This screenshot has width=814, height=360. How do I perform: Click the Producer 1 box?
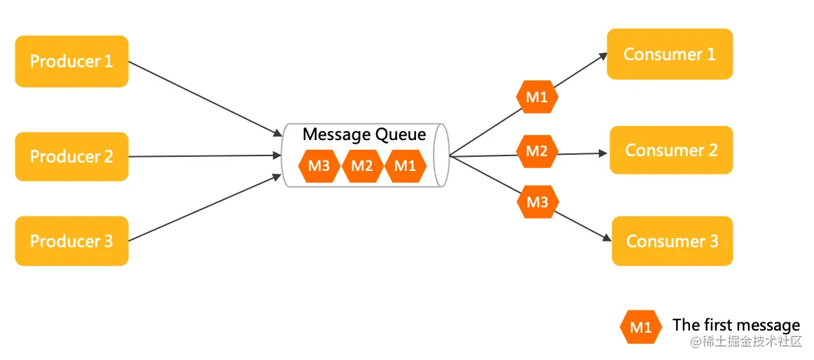(71, 61)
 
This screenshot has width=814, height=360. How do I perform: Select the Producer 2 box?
(71, 156)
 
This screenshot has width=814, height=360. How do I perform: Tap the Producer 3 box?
(71, 241)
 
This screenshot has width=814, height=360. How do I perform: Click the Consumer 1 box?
(670, 54)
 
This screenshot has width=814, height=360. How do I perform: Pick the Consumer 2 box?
(671, 150)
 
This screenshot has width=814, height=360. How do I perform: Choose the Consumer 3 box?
(672, 241)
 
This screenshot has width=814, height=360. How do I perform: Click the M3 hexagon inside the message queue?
(319, 166)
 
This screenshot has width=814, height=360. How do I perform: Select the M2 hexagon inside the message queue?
(362, 166)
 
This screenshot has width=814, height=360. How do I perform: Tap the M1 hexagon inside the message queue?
(406, 166)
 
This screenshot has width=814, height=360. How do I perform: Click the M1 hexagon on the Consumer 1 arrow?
(537, 97)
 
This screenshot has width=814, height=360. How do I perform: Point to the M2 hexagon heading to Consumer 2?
(537, 151)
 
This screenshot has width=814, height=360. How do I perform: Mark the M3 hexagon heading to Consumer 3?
(537, 202)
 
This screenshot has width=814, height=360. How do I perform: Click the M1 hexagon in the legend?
(640, 327)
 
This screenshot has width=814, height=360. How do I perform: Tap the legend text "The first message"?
(736, 325)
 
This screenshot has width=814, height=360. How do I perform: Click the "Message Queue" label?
(364, 135)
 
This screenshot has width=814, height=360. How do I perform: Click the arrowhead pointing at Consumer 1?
(602, 55)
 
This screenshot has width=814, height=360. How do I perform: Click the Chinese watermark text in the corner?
(745, 342)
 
